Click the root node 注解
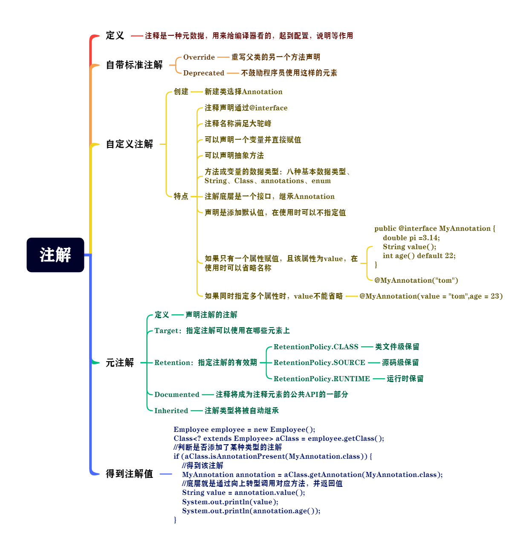click(x=55, y=255)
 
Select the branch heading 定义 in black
click(x=115, y=36)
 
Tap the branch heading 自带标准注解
click(x=134, y=65)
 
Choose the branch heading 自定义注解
click(x=130, y=144)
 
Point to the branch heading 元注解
click(x=120, y=362)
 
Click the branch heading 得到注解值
click(x=130, y=474)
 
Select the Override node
click(x=199, y=57)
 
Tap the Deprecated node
click(x=204, y=73)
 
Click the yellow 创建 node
click(x=181, y=92)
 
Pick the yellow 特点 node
click(x=181, y=196)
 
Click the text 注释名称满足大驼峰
click(x=238, y=124)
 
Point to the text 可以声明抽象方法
click(x=234, y=155)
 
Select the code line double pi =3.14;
click(x=411, y=238)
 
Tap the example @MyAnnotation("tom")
click(x=416, y=280)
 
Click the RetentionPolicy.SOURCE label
click(x=319, y=362)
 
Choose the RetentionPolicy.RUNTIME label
click(x=321, y=379)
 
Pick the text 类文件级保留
click(x=397, y=347)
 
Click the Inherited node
click(x=171, y=411)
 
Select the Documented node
click(x=176, y=394)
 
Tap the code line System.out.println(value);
click(x=230, y=502)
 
